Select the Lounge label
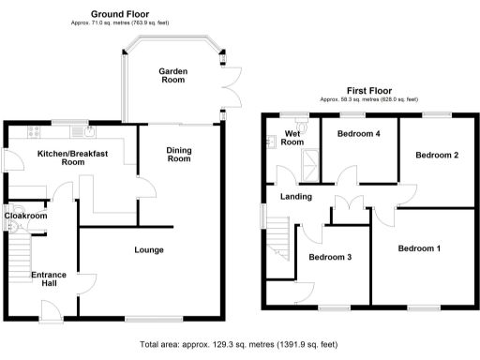[x=149, y=249]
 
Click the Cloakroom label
[x=25, y=216]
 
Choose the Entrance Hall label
[x=49, y=279]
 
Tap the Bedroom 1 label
[x=419, y=248]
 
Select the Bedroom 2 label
[x=436, y=155]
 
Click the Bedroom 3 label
[x=330, y=257]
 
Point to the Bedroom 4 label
[x=359, y=134]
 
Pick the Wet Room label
[x=293, y=139]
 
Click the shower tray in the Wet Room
[x=305, y=169]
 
